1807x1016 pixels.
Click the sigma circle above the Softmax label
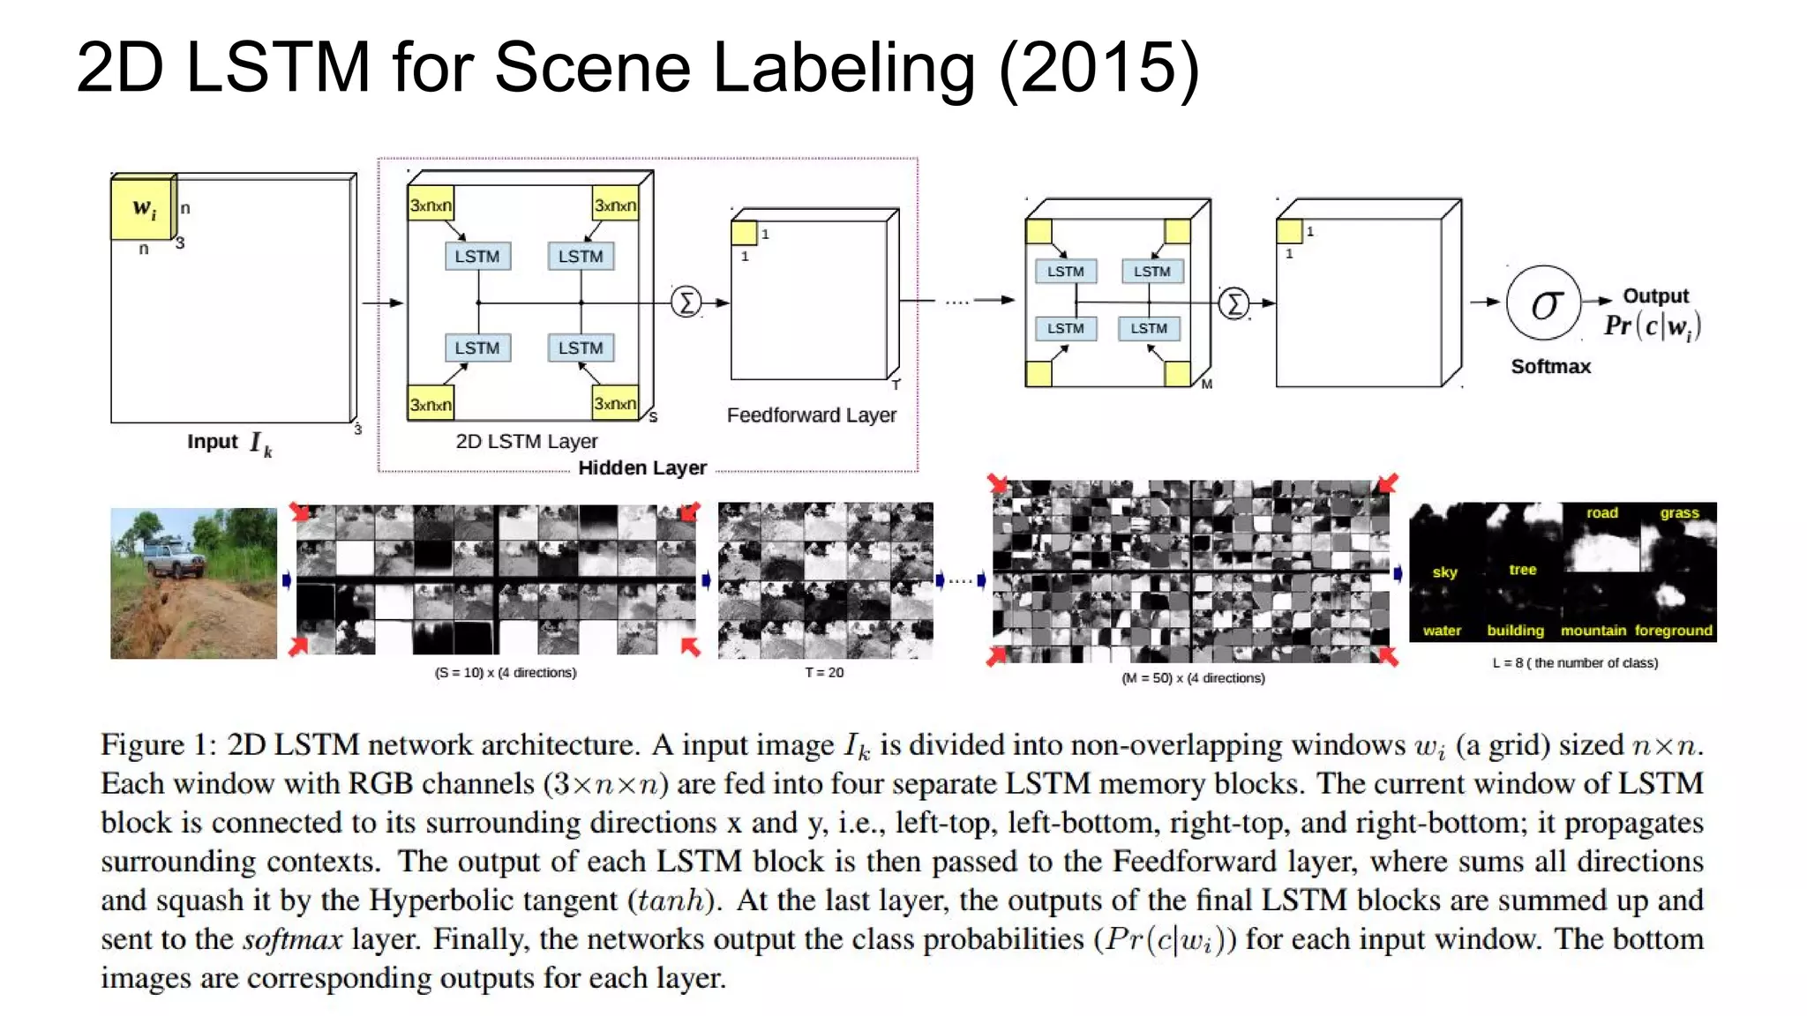coord(1543,304)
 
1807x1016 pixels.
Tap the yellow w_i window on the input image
coord(142,208)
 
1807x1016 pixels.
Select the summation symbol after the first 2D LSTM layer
coord(686,303)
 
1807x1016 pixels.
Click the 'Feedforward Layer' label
coord(811,415)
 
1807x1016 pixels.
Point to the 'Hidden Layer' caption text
coord(642,468)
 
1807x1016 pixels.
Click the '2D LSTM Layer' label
coord(527,441)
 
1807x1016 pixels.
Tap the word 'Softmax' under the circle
coord(1550,367)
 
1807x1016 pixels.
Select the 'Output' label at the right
coord(1655,296)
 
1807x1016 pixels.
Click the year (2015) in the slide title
coord(1099,67)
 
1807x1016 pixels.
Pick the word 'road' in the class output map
coord(1601,513)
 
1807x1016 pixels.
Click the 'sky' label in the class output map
coord(1444,572)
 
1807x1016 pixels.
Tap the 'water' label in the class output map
coord(1442,631)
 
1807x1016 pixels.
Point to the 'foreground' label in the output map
coord(1673,631)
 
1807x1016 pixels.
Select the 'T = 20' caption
coord(824,673)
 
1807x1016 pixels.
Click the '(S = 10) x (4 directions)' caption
coord(506,673)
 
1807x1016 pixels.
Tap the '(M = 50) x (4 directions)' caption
coord(1193,678)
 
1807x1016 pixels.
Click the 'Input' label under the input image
coord(213,441)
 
